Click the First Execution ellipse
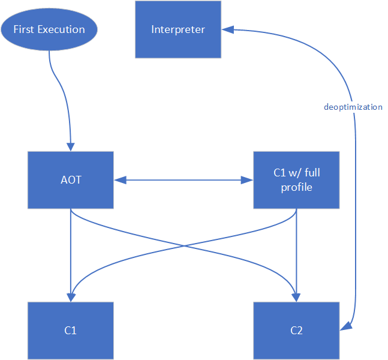[x=49, y=29]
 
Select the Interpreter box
[x=178, y=29]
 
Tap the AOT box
[x=71, y=180]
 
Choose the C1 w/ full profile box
[x=296, y=180]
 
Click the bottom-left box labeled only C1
[x=71, y=330]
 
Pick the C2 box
[x=296, y=330]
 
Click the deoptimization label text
[x=353, y=107]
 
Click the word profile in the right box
[x=296, y=187]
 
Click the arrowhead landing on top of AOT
[x=71, y=148]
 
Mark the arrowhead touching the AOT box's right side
[x=118, y=179]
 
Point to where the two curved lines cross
[x=184, y=246]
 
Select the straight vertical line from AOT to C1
[x=71, y=252]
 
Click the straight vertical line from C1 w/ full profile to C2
[x=296, y=252]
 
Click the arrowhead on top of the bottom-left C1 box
[x=71, y=298]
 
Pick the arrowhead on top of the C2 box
[x=296, y=298]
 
